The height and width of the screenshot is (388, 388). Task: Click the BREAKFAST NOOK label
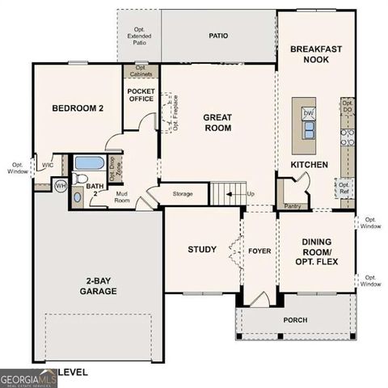pos(315,54)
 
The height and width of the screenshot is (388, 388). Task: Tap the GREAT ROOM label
pos(217,123)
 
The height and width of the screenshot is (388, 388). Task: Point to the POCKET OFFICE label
pos(141,95)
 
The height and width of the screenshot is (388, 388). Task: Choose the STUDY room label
pos(202,249)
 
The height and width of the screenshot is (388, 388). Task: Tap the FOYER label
pos(259,250)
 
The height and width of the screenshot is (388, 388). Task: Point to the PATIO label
pos(218,36)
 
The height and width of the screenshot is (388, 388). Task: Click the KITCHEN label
pos(310,165)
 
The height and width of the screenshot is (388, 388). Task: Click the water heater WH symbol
pos(60,186)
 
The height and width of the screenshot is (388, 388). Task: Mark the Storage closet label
pos(183,194)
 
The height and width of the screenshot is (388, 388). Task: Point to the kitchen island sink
pos(308,129)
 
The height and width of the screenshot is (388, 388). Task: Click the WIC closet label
pos(48,165)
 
